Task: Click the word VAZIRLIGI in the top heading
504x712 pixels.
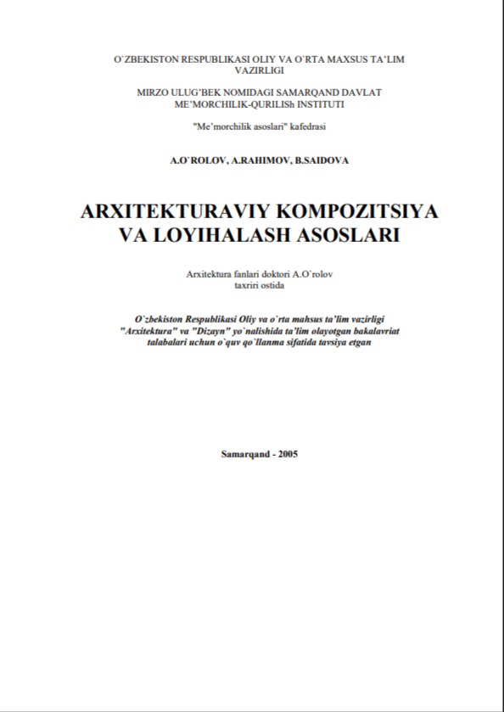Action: pos(251,74)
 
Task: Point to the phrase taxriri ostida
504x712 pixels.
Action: pos(251,285)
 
